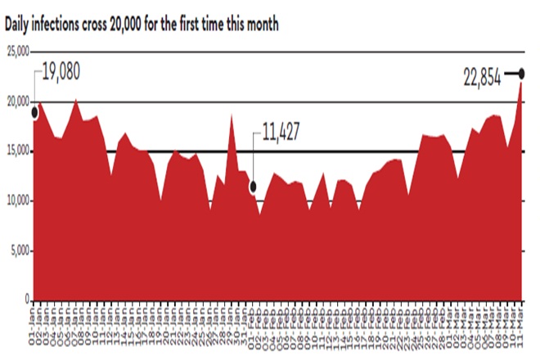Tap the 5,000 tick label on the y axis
[x=20, y=250]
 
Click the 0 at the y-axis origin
[x=27, y=299]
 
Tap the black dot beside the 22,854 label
[x=521, y=74]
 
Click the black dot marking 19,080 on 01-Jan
[x=34, y=112]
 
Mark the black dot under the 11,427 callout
[x=254, y=186]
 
